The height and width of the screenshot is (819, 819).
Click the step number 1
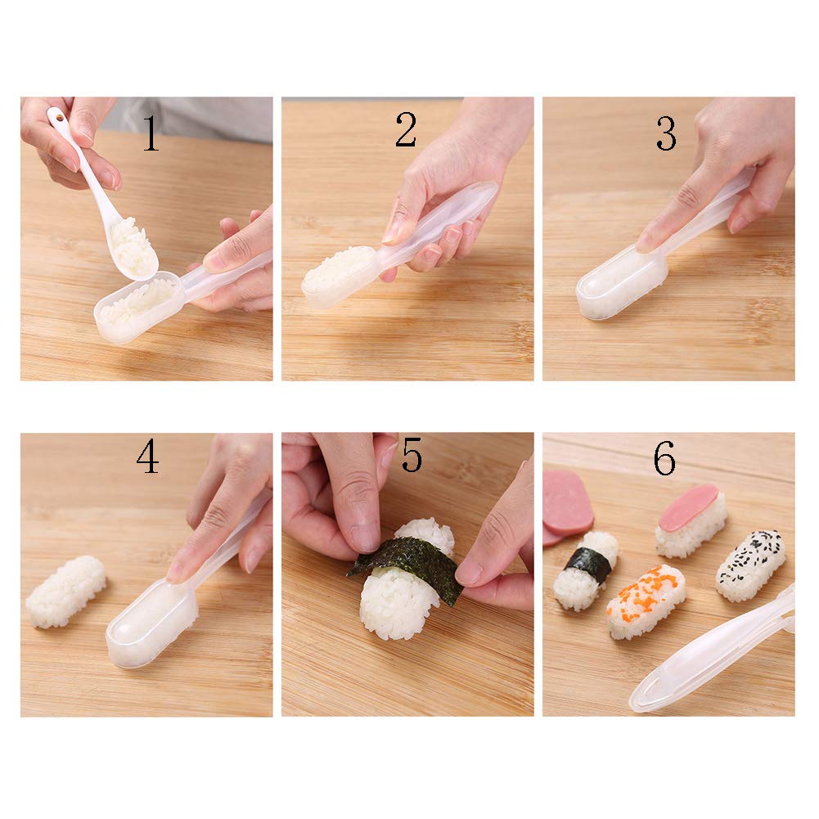click(151, 135)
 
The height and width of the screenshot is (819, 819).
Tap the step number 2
click(406, 130)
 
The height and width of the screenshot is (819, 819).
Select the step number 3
click(666, 134)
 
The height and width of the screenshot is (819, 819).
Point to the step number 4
click(147, 457)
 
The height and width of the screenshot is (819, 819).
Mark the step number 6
click(664, 460)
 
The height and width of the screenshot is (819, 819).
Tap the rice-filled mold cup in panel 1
click(135, 304)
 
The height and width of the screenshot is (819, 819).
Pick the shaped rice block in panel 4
click(65, 591)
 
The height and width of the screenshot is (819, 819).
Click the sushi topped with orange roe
click(646, 600)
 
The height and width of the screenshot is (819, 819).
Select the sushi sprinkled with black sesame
click(750, 564)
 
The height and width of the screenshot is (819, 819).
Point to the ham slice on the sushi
click(689, 506)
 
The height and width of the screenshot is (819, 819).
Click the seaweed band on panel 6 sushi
click(588, 565)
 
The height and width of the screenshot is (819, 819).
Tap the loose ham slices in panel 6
click(566, 502)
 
